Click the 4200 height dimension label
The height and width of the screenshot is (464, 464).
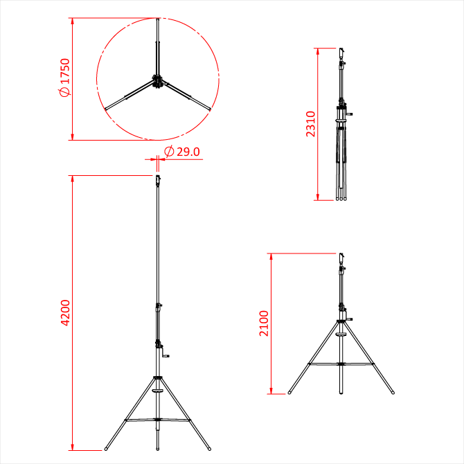pyautogui.click(x=65, y=313)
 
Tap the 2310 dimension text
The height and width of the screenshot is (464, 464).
pyautogui.click(x=310, y=124)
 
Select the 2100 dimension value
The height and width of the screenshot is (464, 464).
pyautogui.click(x=264, y=323)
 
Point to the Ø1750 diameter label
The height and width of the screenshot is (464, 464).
pyautogui.click(x=65, y=78)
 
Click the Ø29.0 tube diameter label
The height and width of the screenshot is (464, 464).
pyautogui.click(x=182, y=152)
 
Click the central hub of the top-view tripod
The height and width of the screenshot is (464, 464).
pyautogui.click(x=157, y=82)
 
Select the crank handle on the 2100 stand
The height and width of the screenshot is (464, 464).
pyautogui.click(x=348, y=319)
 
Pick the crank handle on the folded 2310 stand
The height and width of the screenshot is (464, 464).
pyautogui.click(x=348, y=114)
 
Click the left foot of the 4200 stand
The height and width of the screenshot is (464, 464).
pyautogui.click(x=106, y=449)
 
